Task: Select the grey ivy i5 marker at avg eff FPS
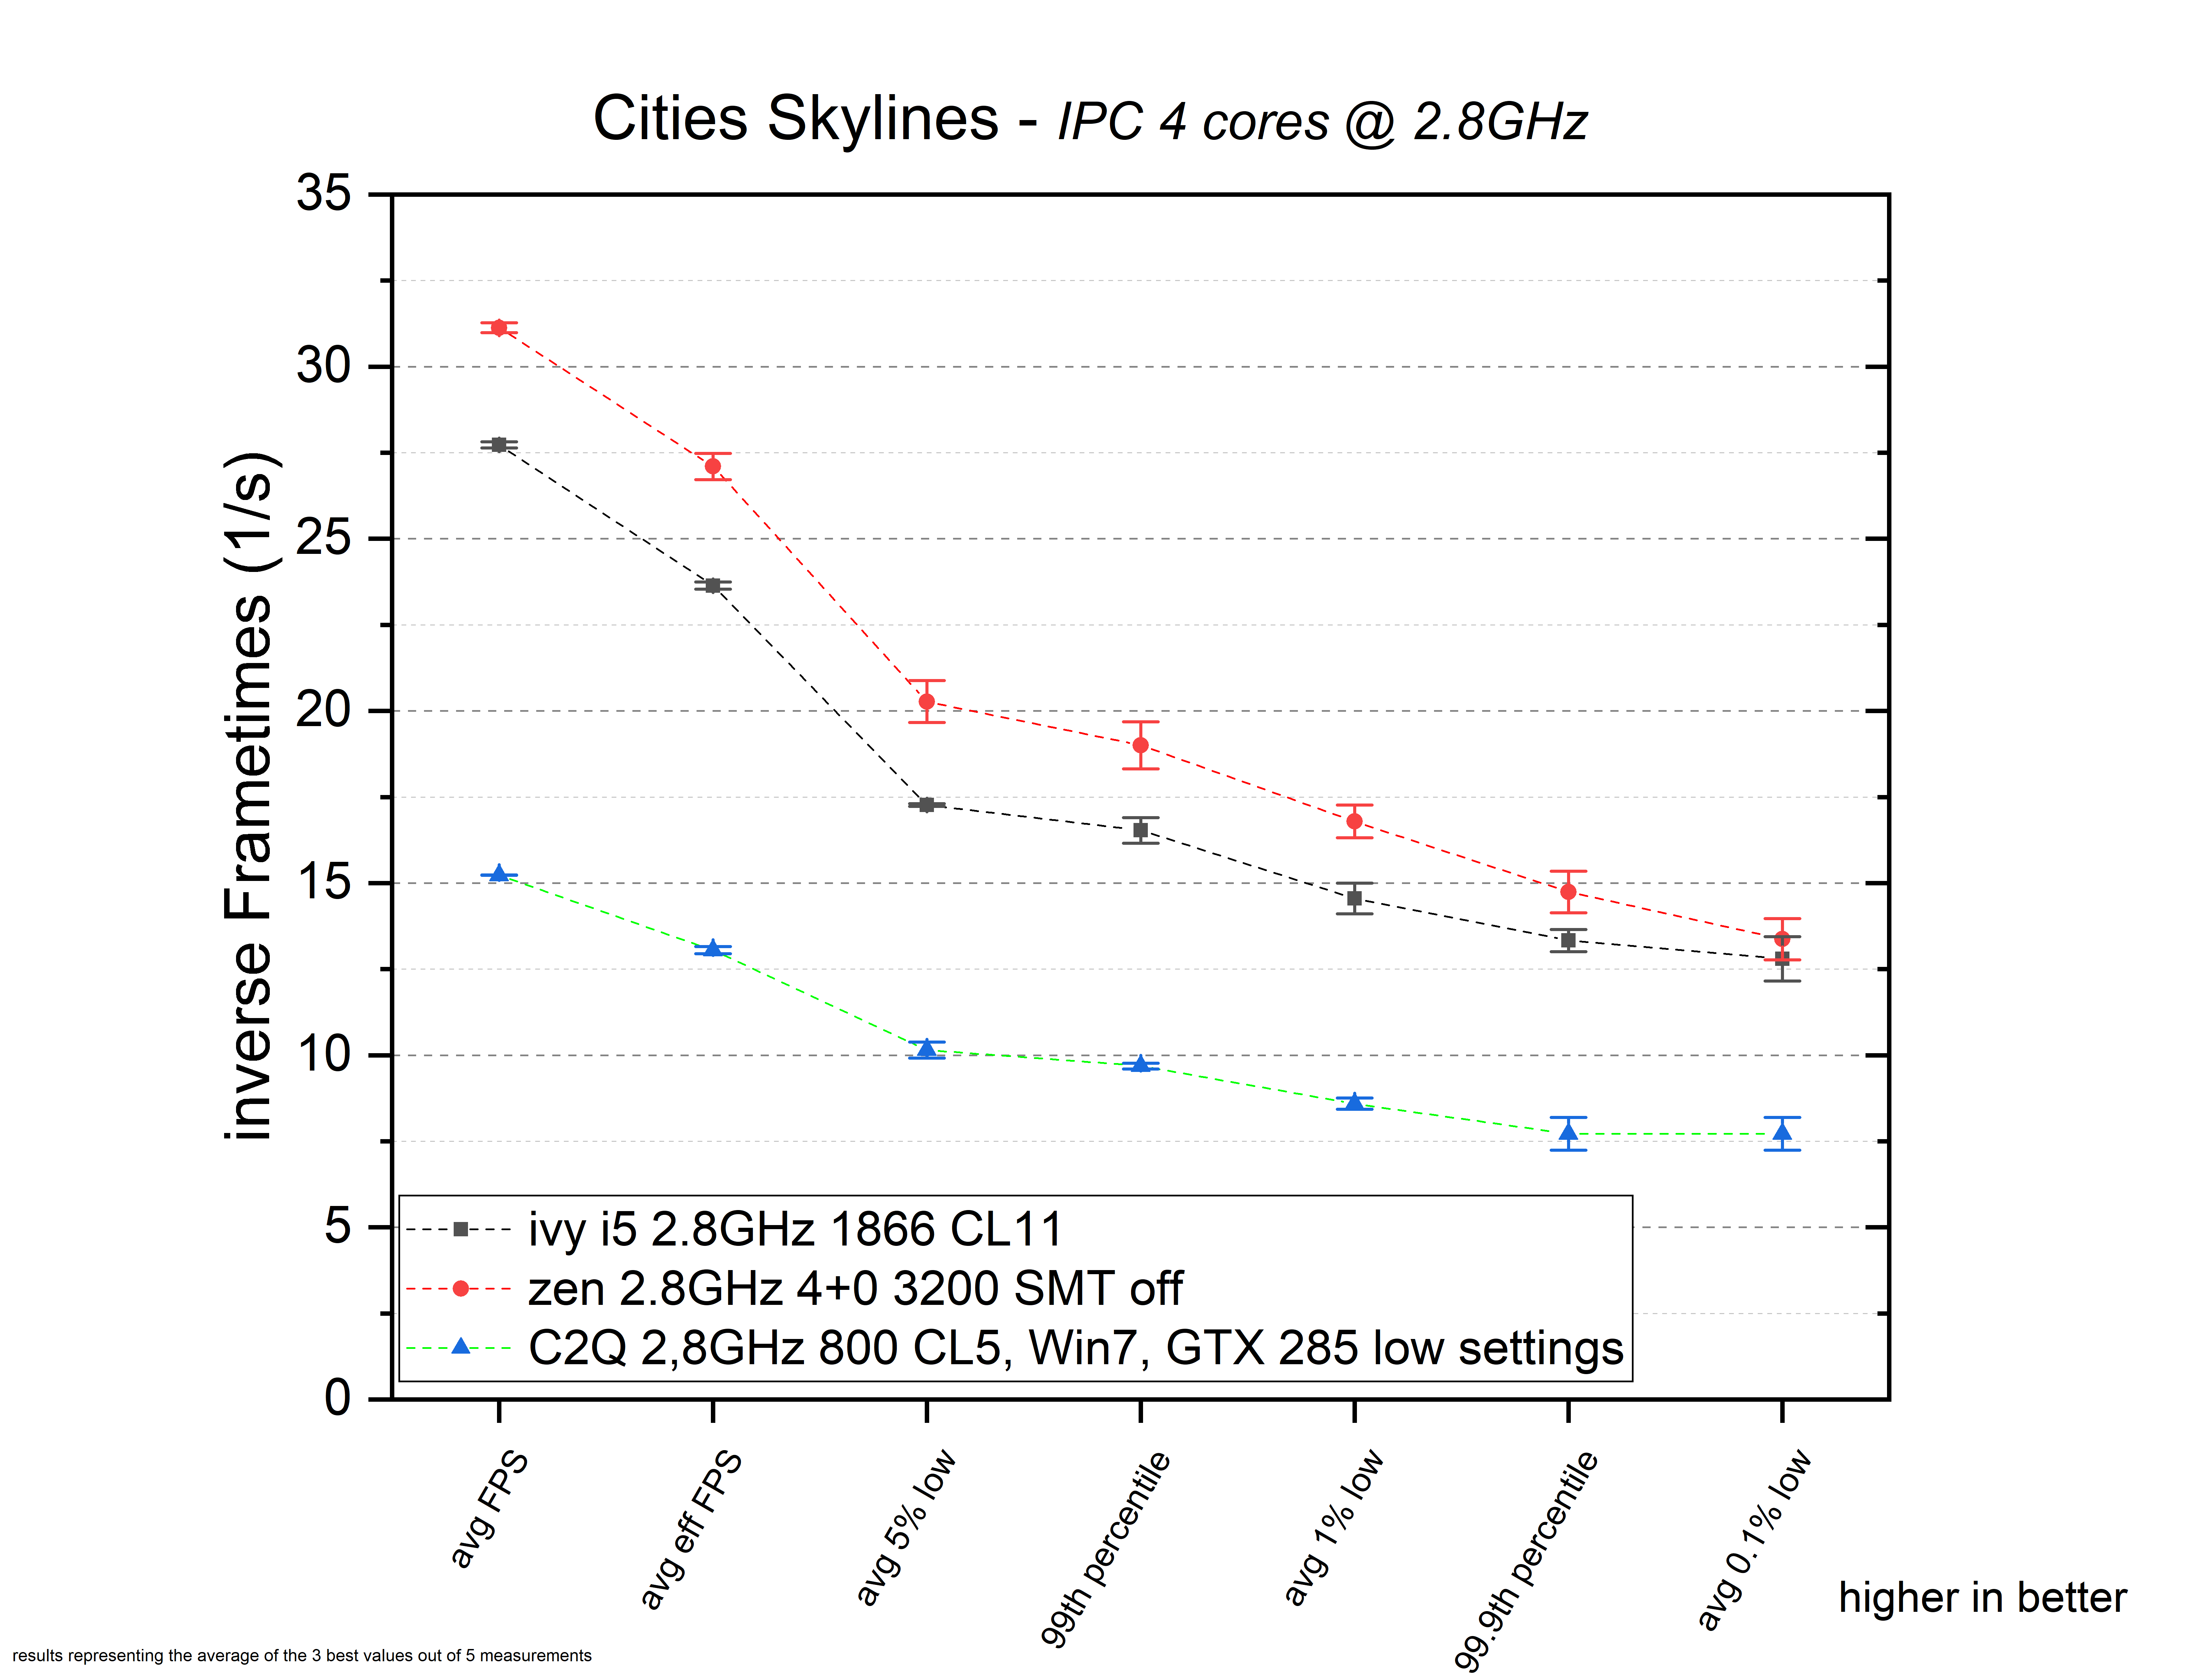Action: click(x=713, y=586)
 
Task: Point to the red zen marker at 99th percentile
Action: click(x=1140, y=745)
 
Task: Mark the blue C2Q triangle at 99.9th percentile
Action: click(x=1568, y=1132)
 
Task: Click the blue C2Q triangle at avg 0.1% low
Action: click(x=1782, y=1132)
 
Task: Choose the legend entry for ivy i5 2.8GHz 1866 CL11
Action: click(x=795, y=1229)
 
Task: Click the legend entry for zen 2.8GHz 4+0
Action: click(x=854, y=1288)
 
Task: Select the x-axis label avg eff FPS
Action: click(x=692, y=1529)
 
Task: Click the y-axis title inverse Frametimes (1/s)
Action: click(x=248, y=796)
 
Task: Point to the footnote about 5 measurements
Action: click(x=302, y=1655)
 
